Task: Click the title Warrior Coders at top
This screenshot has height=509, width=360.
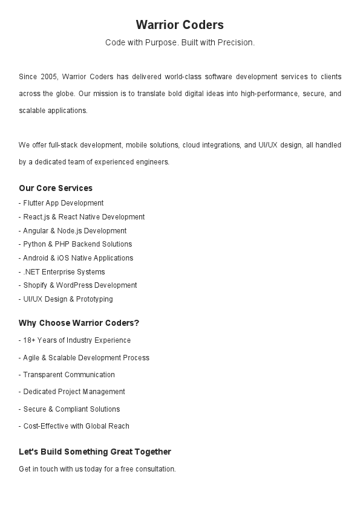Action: click(x=180, y=25)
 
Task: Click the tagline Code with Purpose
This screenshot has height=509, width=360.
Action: click(x=180, y=42)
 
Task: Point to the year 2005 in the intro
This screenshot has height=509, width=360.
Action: click(x=48, y=77)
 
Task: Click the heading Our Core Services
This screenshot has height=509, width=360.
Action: click(x=56, y=188)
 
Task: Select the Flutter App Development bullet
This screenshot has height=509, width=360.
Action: click(x=61, y=203)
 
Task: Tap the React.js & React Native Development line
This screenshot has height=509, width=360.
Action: click(x=82, y=217)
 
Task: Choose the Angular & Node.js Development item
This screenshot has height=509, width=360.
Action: click(x=73, y=231)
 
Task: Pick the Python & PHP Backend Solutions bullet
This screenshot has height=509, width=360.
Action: click(x=75, y=244)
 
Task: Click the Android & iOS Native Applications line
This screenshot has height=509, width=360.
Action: click(x=76, y=258)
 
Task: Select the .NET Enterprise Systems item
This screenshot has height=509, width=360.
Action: click(x=62, y=272)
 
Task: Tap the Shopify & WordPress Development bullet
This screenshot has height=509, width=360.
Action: click(x=78, y=285)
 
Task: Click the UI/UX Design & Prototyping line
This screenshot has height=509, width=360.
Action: click(x=66, y=299)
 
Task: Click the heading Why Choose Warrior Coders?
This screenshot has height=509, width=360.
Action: click(x=79, y=323)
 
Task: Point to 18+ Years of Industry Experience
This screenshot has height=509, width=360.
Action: click(x=74, y=340)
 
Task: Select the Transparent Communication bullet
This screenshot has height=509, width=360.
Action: click(x=67, y=375)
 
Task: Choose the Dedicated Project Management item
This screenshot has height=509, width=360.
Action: click(x=72, y=392)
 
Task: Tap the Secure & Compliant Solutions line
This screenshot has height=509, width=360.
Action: click(x=70, y=409)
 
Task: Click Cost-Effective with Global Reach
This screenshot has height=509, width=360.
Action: click(x=74, y=426)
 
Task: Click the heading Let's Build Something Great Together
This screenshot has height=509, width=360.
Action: click(x=95, y=452)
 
